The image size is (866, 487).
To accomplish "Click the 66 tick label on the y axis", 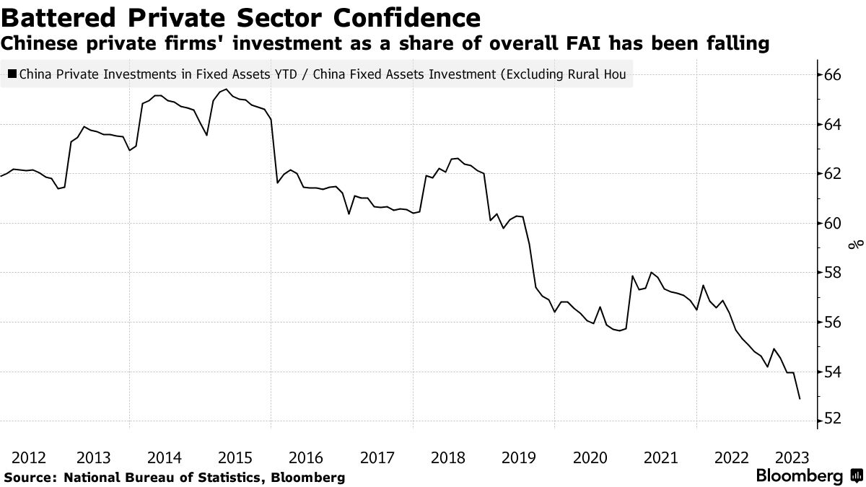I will tap(834, 74).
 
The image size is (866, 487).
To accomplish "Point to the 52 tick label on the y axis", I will tap(834, 421).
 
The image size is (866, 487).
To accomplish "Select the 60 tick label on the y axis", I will tap(834, 223).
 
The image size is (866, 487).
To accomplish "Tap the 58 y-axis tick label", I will tap(834, 273).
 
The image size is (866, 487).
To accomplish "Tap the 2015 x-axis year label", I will tap(235, 457).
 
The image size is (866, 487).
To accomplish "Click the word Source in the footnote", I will tap(30, 477).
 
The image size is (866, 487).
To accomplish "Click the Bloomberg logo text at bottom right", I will tap(799, 476).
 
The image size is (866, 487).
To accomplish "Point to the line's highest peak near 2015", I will tap(226, 89).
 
